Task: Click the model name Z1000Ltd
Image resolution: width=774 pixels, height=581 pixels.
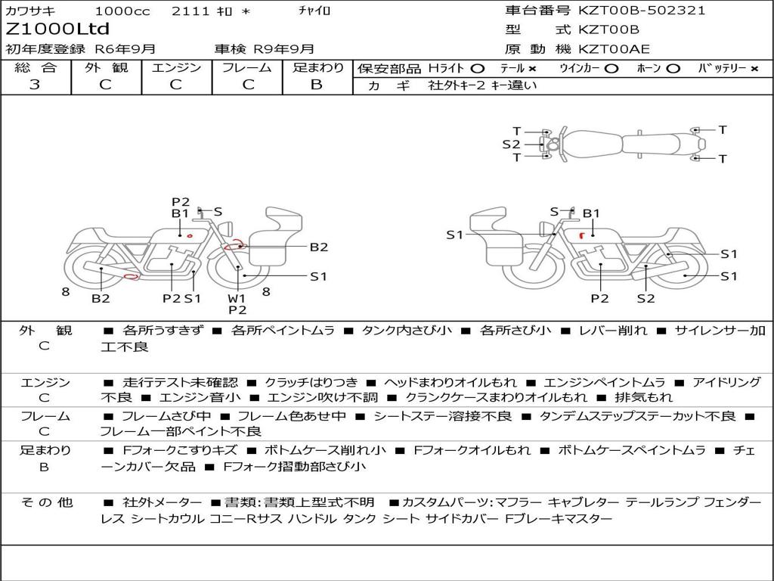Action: (x=57, y=29)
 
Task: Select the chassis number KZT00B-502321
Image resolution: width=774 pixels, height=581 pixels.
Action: (x=642, y=10)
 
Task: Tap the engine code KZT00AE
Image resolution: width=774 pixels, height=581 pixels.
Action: (x=614, y=49)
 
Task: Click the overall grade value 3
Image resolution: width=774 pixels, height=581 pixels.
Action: (x=35, y=85)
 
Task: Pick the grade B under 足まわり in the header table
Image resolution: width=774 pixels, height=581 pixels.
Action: (x=317, y=85)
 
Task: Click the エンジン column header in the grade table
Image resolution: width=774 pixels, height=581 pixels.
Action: (x=176, y=67)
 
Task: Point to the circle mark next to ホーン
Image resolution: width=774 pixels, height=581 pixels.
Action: (x=673, y=69)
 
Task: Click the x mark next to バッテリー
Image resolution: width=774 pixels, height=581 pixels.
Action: (x=754, y=69)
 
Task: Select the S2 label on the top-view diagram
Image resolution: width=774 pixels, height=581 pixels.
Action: (x=511, y=144)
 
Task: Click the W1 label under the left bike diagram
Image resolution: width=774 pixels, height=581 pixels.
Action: (x=237, y=298)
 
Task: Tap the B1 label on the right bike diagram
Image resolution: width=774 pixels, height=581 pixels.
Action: (x=591, y=213)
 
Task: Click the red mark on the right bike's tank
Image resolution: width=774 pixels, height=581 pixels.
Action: (x=582, y=235)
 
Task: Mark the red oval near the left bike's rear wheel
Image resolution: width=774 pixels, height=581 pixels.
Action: (x=132, y=277)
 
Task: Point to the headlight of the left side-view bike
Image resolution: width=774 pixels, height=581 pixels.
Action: (x=227, y=228)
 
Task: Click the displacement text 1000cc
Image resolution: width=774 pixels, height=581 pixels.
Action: (x=122, y=11)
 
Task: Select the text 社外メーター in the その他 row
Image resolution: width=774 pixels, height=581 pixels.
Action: (x=162, y=503)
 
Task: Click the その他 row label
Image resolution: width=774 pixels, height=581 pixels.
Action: (x=46, y=502)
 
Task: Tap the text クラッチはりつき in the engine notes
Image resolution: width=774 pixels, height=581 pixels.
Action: (x=311, y=382)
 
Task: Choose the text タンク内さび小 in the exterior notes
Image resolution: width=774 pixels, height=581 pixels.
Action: (x=406, y=331)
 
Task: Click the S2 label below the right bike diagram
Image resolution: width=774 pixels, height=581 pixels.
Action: (x=646, y=298)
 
